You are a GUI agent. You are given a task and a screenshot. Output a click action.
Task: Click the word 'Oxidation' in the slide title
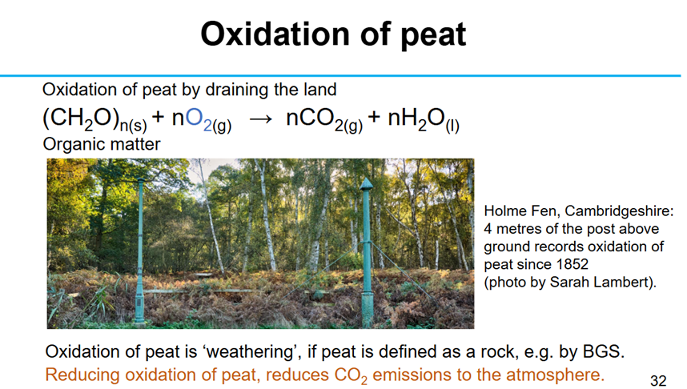point(274,34)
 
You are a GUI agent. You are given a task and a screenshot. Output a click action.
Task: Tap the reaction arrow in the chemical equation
point(261,118)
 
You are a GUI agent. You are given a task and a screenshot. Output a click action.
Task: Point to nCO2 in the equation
point(324,119)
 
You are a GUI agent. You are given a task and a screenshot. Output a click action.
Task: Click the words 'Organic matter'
point(102,144)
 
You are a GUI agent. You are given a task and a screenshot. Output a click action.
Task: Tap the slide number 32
point(658,381)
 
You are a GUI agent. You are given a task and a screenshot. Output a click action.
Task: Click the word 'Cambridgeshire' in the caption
point(619,211)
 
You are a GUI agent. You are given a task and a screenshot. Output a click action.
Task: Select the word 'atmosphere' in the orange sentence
point(555,375)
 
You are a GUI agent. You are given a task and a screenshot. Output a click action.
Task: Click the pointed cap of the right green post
point(366,184)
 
